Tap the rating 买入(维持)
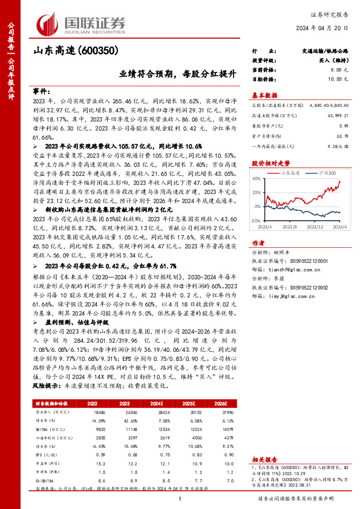coord(332,62)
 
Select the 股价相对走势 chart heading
coord(270,164)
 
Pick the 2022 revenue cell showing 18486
coord(100,410)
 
